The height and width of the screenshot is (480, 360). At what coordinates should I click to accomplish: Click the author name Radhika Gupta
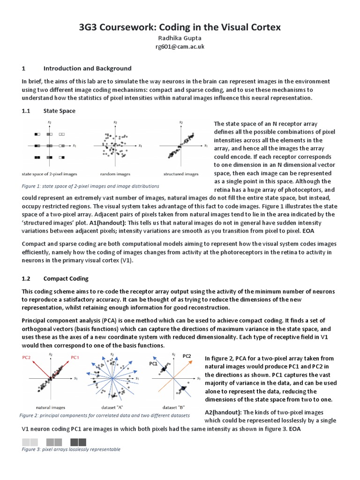[180, 38]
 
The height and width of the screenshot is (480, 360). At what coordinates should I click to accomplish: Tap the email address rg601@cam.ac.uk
[180, 47]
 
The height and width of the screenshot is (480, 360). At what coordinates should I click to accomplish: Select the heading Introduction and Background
[87, 68]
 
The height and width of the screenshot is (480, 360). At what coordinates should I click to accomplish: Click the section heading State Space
[59, 111]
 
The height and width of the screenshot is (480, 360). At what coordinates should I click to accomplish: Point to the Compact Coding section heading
[66, 278]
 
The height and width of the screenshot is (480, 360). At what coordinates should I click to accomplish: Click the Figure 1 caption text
[90, 186]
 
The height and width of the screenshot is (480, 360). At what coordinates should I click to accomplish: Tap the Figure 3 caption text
[71, 449]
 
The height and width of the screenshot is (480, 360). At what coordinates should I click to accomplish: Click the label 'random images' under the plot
[115, 174]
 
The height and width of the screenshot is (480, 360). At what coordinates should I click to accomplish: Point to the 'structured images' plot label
[181, 174]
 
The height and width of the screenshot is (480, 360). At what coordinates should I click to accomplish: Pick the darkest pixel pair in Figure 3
[78, 442]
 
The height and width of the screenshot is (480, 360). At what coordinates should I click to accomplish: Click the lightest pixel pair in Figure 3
[30, 442]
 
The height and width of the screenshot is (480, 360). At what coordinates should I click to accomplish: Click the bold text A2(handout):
[223, 412]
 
